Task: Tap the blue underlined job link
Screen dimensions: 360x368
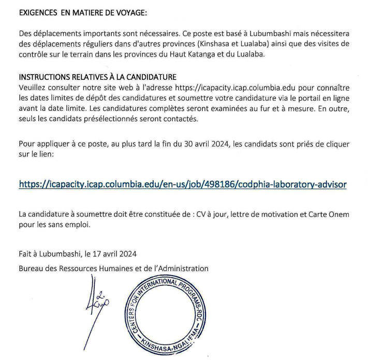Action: (x=182, y=184)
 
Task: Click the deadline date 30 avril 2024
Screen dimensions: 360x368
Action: (x=204, y=143)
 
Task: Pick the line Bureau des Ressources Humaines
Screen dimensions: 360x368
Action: (x=113, y=268)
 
